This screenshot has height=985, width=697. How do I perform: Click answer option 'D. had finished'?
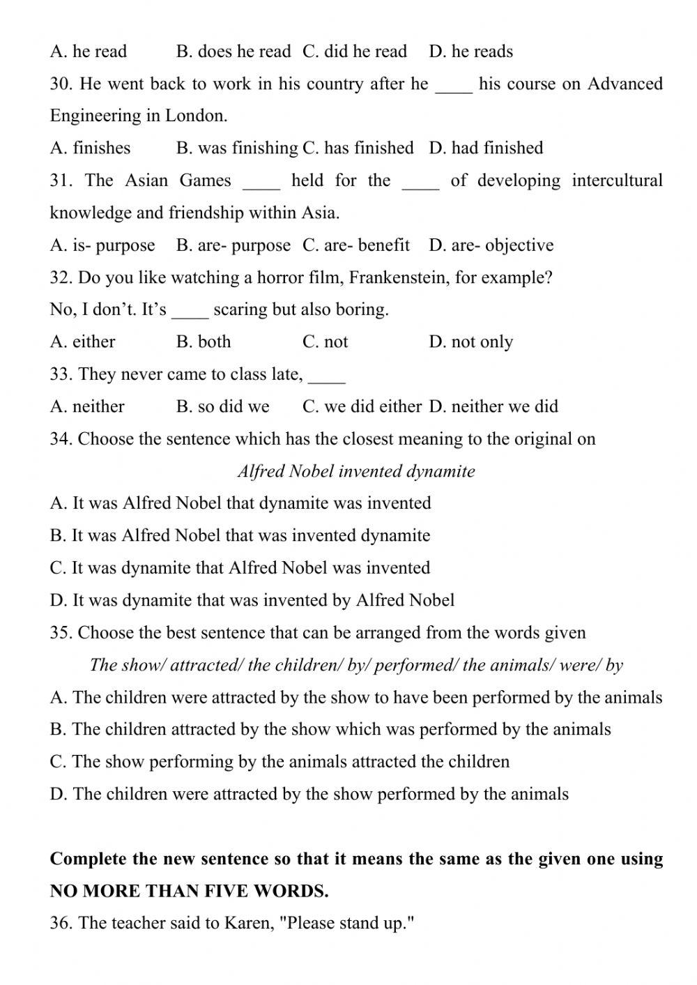coord(486,148)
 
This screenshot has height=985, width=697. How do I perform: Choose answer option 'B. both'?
coord(204,342)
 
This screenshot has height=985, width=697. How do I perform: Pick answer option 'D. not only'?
coord(471,342)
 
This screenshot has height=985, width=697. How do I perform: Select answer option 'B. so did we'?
coord(223,406)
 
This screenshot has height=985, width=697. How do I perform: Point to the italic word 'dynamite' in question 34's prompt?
coord(442,471)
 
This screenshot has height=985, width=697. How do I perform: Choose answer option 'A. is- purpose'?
coord(102,245)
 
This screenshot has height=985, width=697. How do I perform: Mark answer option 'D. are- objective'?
coord(491,245)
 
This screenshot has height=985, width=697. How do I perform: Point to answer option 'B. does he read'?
coord(233,52)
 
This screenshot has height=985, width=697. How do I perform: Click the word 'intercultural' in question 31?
coord(617,181)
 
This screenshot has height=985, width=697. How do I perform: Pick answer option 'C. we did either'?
coord(362,406)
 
